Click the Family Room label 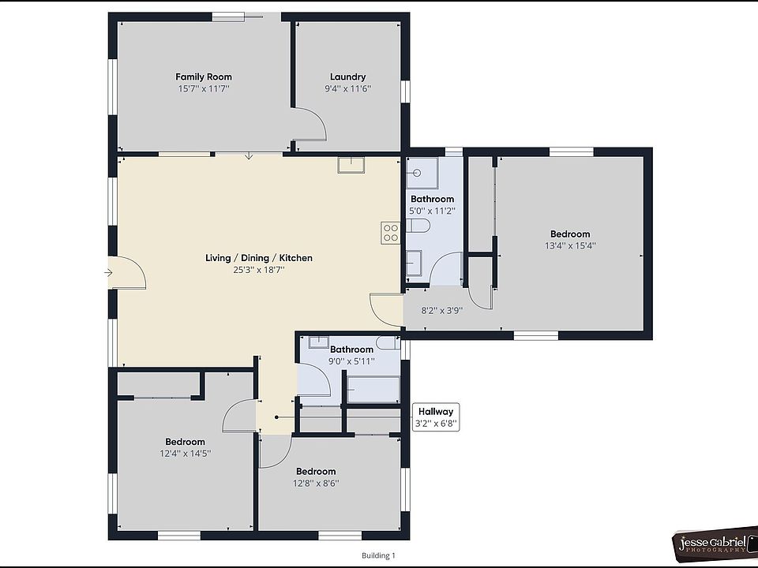(203, 77)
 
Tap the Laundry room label (347, 77)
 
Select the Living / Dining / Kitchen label (258, 258)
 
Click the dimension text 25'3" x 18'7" (258, 270)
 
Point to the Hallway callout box (436, 417)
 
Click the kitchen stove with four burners (390, 232)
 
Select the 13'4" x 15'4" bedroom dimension (569, 245)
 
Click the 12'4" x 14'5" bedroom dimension (185, 454)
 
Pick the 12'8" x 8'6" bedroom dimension (316, 483)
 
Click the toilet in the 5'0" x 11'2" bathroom (418, 226)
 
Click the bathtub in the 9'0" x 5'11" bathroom (373, 390)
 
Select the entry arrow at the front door (108, 273)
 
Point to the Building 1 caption (378, 555)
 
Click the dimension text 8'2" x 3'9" (441, 310)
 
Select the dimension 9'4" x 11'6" (347, 88)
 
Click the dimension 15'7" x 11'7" (203, 88)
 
